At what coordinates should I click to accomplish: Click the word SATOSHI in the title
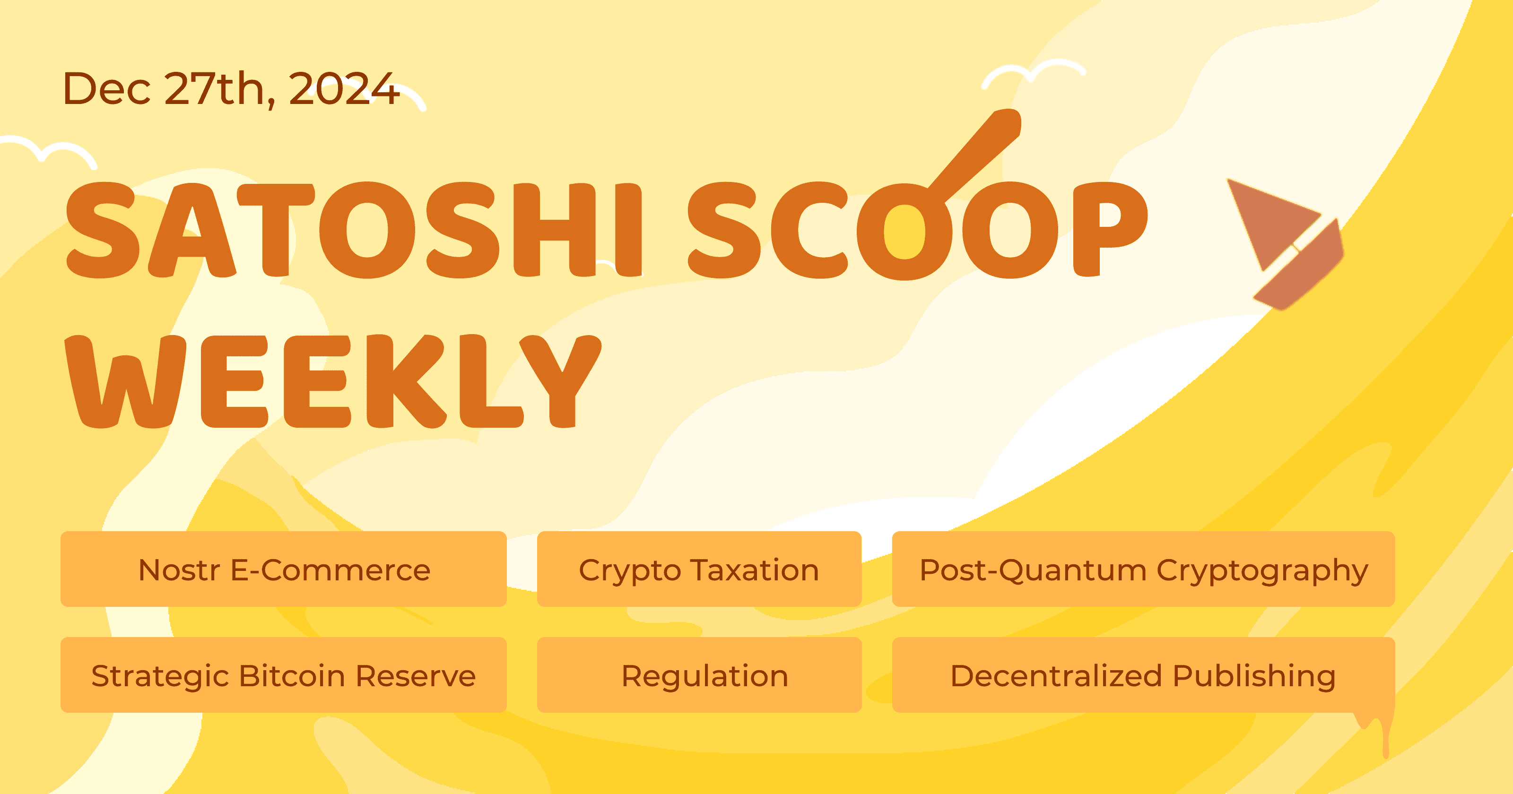tap(352, 230)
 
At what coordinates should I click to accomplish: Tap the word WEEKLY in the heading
tap(332, 382)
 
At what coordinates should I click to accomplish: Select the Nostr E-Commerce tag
tap(284, 569)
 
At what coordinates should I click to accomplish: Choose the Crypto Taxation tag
tap(699, 569)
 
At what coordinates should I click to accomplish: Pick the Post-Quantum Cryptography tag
tap(1143, 569)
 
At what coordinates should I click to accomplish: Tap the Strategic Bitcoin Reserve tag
tap(284, 675)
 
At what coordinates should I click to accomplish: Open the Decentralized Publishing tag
tap(1143, 675)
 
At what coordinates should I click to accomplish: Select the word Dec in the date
tap(106, 89)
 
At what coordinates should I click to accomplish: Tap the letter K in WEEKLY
tap(405, 382)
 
